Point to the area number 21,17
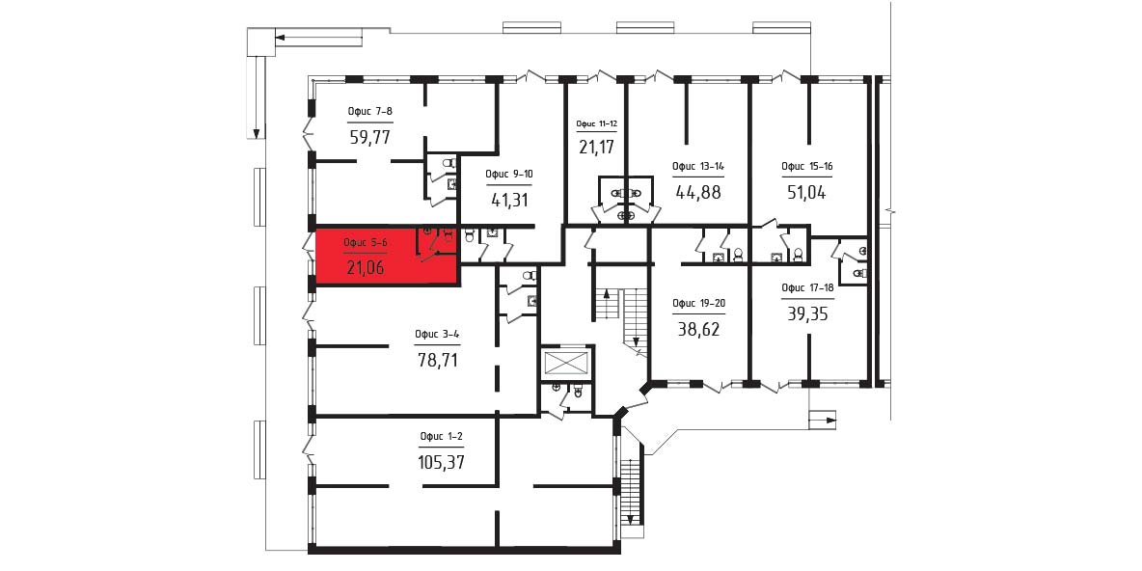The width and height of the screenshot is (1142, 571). [596, 148]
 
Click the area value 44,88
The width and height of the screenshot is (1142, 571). [697, 192]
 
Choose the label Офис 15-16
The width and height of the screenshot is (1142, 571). [807, 166]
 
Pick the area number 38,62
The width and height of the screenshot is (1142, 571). [697, 329]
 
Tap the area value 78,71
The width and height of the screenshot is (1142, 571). [437, 360]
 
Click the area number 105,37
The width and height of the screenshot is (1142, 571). [442, 462]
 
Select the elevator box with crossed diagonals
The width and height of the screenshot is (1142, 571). [567, 362]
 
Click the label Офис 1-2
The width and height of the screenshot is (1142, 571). [442, 437]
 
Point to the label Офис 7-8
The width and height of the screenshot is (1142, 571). [370, 112]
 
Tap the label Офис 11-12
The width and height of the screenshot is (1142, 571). [596, 124]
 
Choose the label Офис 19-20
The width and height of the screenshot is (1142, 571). [697, 305]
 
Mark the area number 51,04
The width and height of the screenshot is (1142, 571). [807, 192]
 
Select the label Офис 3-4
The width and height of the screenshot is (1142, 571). [437, 335]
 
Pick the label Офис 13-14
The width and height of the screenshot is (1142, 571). [697, 167]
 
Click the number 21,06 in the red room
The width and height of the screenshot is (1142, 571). [366, 268]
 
